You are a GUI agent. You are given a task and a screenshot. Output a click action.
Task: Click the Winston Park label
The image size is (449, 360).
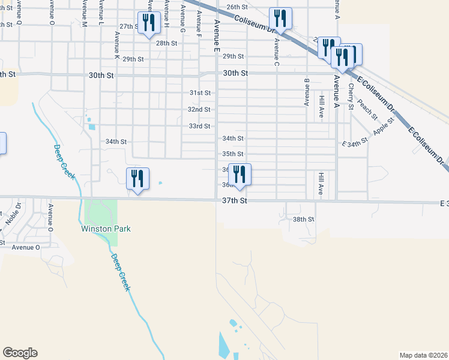(106, 229)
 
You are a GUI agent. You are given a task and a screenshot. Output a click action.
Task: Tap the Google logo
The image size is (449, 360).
(20, 353)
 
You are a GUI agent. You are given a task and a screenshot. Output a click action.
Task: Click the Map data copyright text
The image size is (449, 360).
(424, 355)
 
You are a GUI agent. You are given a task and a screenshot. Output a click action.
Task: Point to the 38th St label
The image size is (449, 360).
(304, 220)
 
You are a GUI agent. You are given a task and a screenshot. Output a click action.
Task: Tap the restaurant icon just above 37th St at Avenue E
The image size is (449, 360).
(240, 175)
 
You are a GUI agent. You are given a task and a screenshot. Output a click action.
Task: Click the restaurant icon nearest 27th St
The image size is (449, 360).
(148, 23)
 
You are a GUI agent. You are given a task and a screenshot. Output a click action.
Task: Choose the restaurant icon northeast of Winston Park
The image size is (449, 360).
(138, 178)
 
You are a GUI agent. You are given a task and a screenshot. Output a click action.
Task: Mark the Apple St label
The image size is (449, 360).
(383, 127)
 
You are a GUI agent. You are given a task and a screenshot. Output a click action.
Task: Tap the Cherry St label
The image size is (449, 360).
(351, 94)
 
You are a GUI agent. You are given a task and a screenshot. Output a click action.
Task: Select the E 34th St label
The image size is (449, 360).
(354, 145)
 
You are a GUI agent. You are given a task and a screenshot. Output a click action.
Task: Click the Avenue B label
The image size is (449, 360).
(307, 91)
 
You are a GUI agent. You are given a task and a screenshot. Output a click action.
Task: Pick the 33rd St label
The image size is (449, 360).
(199, 127)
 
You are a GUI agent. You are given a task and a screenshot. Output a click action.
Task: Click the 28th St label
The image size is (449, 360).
(166, 43)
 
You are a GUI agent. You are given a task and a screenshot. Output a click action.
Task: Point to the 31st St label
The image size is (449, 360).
(200, 93)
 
